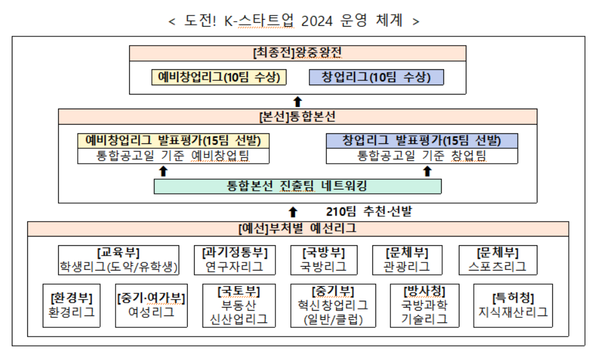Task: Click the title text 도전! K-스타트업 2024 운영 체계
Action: tap(294, 20)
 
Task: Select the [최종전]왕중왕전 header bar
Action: tap(298, 53)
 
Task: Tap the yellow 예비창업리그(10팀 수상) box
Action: tap(219, 77)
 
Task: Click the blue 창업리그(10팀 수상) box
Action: tap(376, 77)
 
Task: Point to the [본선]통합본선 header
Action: tap(298, 117)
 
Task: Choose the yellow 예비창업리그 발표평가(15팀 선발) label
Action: tap(173, 141)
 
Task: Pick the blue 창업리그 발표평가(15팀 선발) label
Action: tap(422, 141)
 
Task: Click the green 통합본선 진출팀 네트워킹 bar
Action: tap(298, 186)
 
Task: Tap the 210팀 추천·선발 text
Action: tap(369, 212)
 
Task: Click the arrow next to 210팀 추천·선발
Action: tap(293, 212)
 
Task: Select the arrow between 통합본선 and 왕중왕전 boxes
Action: tap(298, 102)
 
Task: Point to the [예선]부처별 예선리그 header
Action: tap(298, 228)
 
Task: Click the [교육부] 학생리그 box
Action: tap(119, 260)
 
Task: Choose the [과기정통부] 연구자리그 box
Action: tap(235, 260)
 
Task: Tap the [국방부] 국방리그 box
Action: tap(324, 260)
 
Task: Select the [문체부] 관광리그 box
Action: tap(407, 260)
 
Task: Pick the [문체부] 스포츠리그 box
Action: tap(498, 260)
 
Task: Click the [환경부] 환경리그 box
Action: tap(72, 306)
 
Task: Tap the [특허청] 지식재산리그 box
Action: tap(513, 306)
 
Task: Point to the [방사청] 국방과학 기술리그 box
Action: tap(424, 306)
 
